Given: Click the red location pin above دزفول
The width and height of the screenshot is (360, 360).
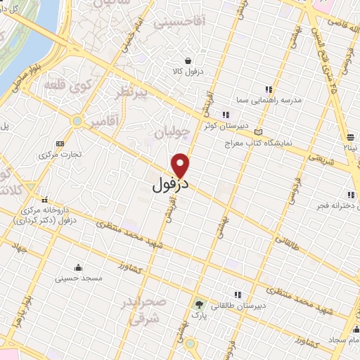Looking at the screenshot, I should coord(181,165).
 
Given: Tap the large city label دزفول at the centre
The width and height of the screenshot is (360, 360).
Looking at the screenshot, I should coord(171,186).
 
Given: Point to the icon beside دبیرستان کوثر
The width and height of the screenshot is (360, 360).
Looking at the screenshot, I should coord(225,115).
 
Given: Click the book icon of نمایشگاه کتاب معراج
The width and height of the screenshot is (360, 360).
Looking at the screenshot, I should coord(259,131).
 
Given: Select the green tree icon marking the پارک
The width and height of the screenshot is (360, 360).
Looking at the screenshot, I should coord(199,305).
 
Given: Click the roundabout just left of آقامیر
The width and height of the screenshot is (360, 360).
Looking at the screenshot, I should coord(76,122).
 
